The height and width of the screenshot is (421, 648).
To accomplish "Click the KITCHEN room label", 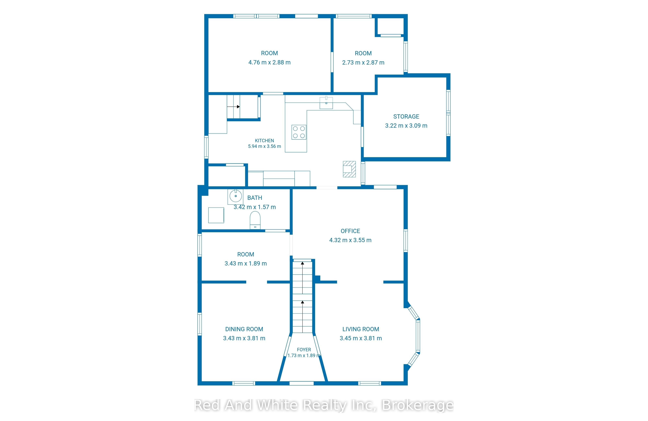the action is (264, 141).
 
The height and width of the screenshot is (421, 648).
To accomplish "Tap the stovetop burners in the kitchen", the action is (299, 132).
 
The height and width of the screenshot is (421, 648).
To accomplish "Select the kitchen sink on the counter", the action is (326, 102).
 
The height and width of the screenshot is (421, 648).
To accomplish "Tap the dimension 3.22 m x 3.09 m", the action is (406, 126).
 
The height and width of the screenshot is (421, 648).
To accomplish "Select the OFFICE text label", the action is (350, 231).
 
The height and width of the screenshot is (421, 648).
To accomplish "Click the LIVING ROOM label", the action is (361, 329).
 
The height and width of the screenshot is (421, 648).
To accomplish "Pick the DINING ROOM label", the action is (244, 329).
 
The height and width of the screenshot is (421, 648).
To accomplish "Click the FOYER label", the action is (304, 350).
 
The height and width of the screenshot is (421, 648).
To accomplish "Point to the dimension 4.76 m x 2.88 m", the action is (270, 62).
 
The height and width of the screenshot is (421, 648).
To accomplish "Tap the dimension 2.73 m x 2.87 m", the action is (363, 63).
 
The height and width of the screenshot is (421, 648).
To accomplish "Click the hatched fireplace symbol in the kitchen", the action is (349, 169).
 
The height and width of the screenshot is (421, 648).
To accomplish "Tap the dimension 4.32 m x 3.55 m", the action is (350, 240).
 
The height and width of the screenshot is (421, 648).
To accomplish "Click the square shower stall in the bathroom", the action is (216, 215).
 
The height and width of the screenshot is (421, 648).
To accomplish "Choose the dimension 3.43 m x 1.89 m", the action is (246, 264).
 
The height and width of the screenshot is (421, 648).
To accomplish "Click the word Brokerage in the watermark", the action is (418, 405).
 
